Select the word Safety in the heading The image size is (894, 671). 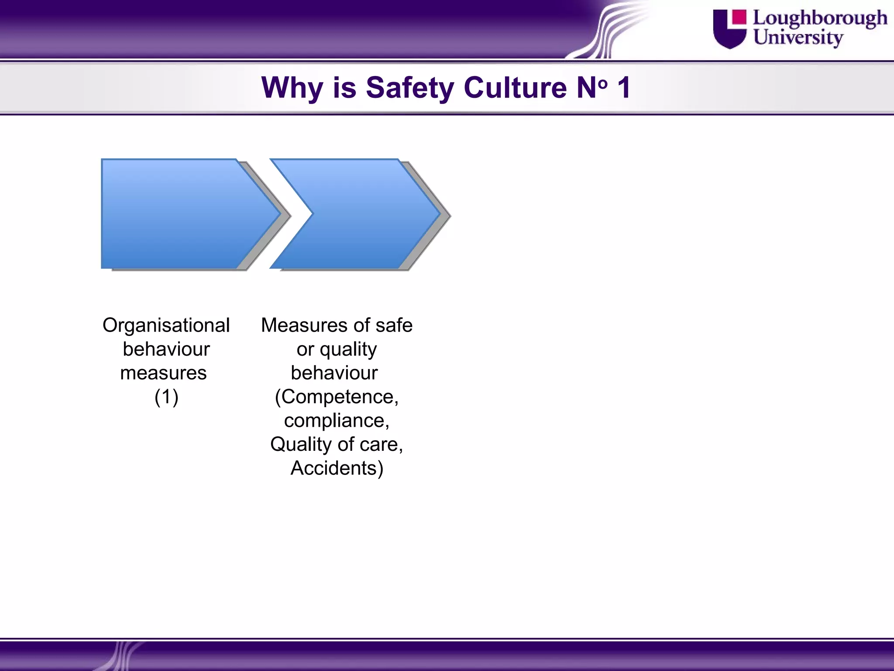410,88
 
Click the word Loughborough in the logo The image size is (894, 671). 820,19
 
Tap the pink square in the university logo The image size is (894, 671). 739,17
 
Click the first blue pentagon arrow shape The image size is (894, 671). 183,214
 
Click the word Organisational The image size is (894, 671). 166,325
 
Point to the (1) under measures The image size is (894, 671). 166,397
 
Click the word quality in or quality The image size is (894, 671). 348,349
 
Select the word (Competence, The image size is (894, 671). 337,397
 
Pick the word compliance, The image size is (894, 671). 337,421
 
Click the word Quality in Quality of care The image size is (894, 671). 301,444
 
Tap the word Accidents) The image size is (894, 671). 337,468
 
